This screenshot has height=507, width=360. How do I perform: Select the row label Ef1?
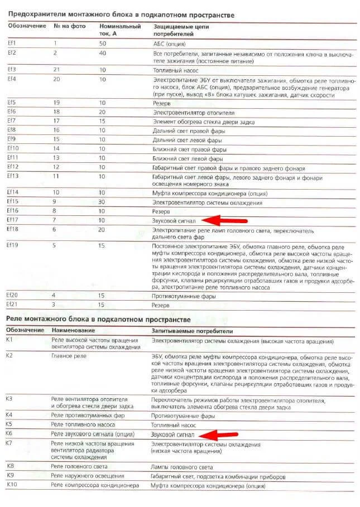coord(11,43)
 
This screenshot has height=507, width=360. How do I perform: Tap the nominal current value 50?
coord(103,43)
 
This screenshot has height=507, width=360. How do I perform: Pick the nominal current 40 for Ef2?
coord(103,52)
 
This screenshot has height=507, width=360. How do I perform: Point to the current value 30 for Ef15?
coord(103,201)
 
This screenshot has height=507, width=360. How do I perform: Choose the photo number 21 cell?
coord(56,70)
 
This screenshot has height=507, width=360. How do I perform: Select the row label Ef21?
coord(13,304)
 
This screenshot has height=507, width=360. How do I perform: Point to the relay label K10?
coord(11,486)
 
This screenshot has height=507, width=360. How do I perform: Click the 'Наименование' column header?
coord(72,330)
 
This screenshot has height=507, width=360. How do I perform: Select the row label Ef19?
coord(13,245)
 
